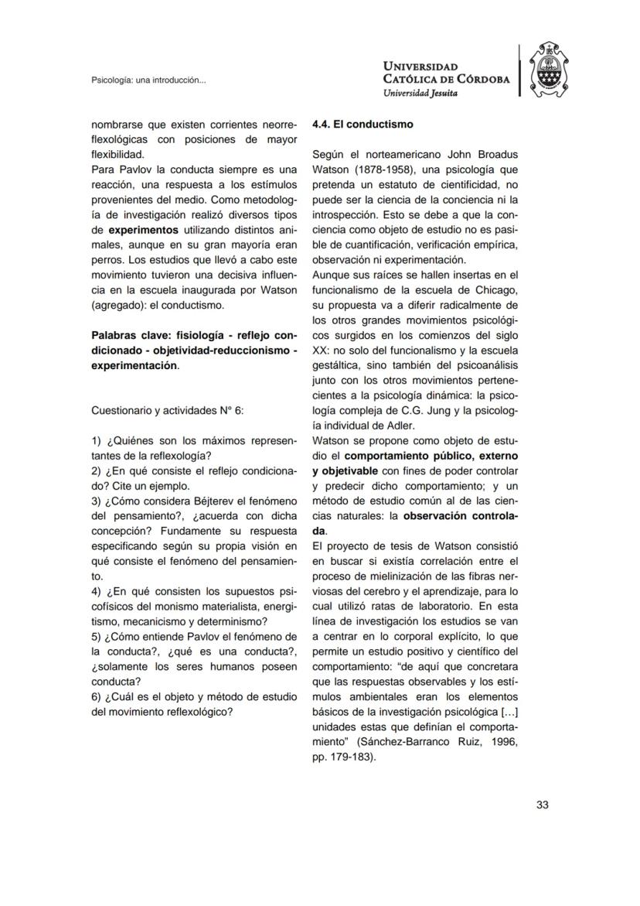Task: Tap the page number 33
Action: [x=542, y=805]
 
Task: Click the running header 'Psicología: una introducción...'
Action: [x=148, y=80]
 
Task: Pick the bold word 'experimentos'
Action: [x=143, y=231]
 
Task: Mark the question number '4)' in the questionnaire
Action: [x=97, y=592]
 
